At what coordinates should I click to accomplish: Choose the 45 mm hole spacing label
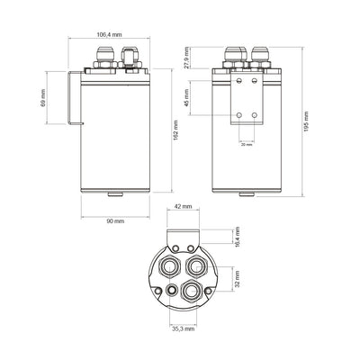pyautogui.click(x=187, y=97)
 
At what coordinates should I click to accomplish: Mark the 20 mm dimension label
pyautogui.click(x=247, y=143)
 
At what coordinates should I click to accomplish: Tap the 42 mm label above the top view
pyautogui.click(x=183, y=207)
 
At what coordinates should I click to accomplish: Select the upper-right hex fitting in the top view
pyautogui.click(x=195, y=265)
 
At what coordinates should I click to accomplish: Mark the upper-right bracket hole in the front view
pyautogui.click(x=256, y=85)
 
